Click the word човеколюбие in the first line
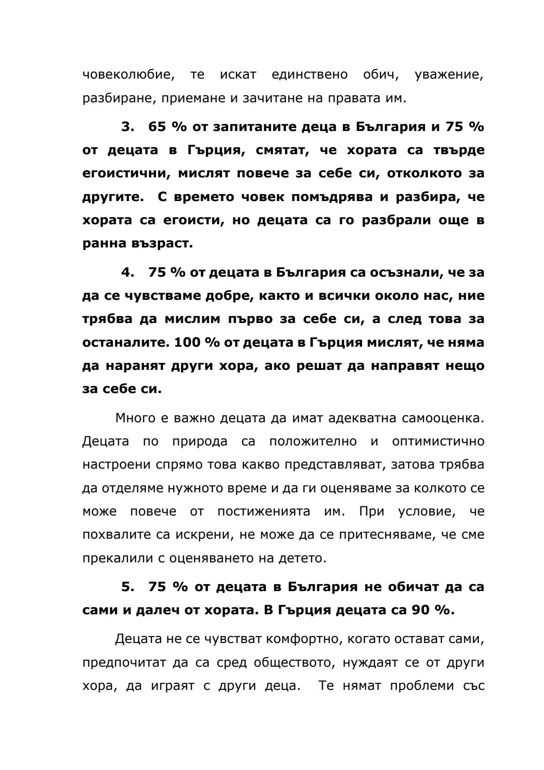[x=128, y=75]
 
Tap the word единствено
[x=309, y=75]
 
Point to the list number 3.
[x=127, y=126]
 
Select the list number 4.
[x=127, y=273]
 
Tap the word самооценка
[x=443, y=418]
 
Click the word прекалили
[x=114, y=558]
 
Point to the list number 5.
[x=127, y=587]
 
